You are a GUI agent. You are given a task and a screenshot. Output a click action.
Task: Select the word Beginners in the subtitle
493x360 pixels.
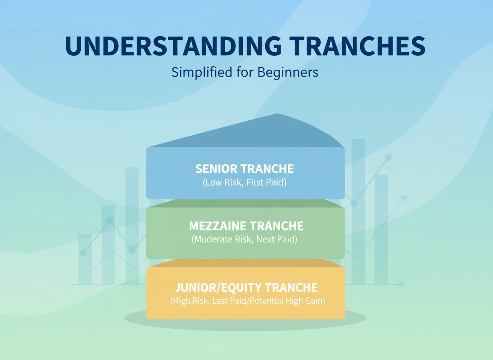(x=288, y=72)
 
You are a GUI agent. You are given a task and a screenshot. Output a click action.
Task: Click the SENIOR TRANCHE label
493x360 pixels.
(x=244, y=169)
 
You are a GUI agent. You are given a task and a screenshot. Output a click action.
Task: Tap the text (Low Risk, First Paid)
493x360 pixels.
(x=244, y=182)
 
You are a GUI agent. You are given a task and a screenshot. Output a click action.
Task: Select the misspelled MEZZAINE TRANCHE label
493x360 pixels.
(x=246, y=226)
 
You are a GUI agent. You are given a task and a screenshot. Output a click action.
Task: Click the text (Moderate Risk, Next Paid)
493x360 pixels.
(x=244, y=240)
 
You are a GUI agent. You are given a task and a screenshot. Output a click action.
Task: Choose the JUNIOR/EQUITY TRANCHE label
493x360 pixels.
(x=246, y=287)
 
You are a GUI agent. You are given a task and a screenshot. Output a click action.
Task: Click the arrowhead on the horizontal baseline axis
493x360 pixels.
(x=402, y=285)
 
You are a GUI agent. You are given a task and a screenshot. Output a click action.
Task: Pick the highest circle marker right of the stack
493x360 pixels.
(x=388, y=157)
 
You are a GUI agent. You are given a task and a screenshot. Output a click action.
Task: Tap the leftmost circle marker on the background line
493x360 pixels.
(x=83, y=252)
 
